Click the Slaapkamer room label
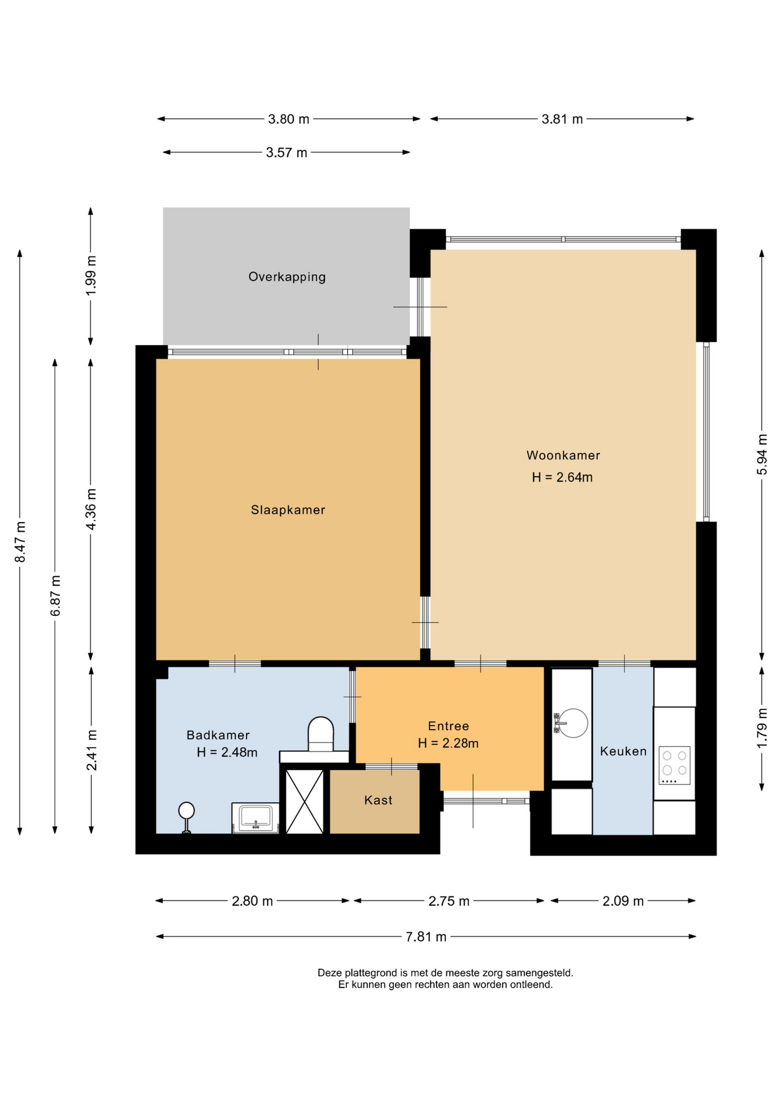coord(288,510)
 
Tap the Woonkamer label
coord(563,455)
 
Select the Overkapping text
coord(287,277)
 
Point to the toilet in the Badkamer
coord(321,734)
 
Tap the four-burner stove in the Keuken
coord(675,765)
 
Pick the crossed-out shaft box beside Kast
coord(305,802)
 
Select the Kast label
coord(378,800)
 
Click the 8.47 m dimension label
coord(20,542)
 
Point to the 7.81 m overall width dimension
coord(426,937)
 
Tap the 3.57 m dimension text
coord(286,152)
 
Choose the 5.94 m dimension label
coord(762,454)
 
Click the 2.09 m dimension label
coord(623,901)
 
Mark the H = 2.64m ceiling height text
coord(562,477)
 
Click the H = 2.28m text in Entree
coord(448,743)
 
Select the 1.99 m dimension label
coord(91,275)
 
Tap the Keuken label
coord(623,751)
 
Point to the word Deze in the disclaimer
coord(330,973)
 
